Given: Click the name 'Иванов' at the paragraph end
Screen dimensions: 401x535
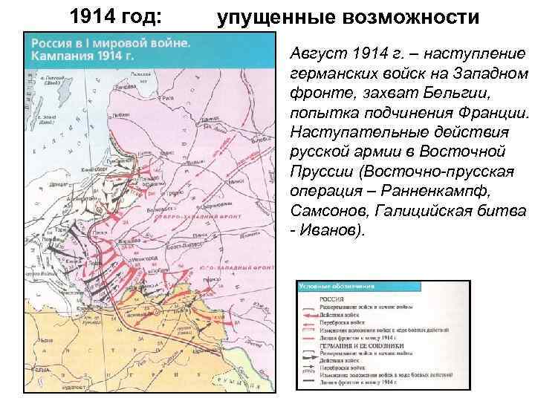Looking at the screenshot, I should pos(331,229).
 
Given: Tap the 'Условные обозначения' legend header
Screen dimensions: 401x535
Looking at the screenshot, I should pos(326,286).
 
